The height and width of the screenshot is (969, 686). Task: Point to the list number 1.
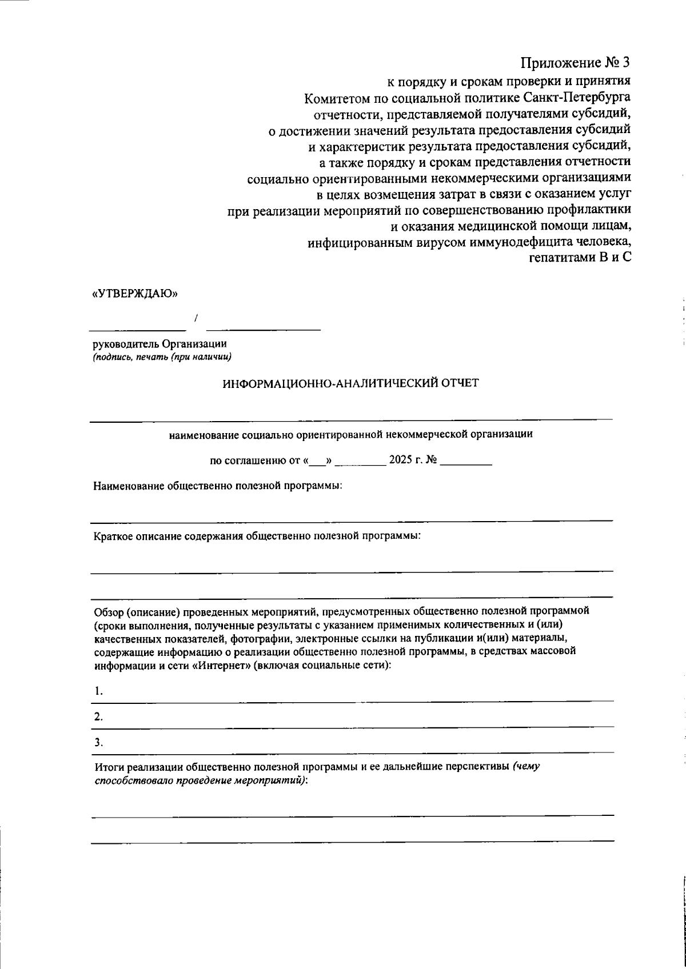click(x=99, y=691)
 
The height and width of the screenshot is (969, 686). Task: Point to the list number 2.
click(x=99, y=717)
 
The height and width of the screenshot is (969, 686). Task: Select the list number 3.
click(x=99, y=743)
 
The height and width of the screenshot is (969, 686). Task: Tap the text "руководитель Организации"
click(x=160, y=344)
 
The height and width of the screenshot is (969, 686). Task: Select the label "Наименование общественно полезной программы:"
click(x=218, y=486)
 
